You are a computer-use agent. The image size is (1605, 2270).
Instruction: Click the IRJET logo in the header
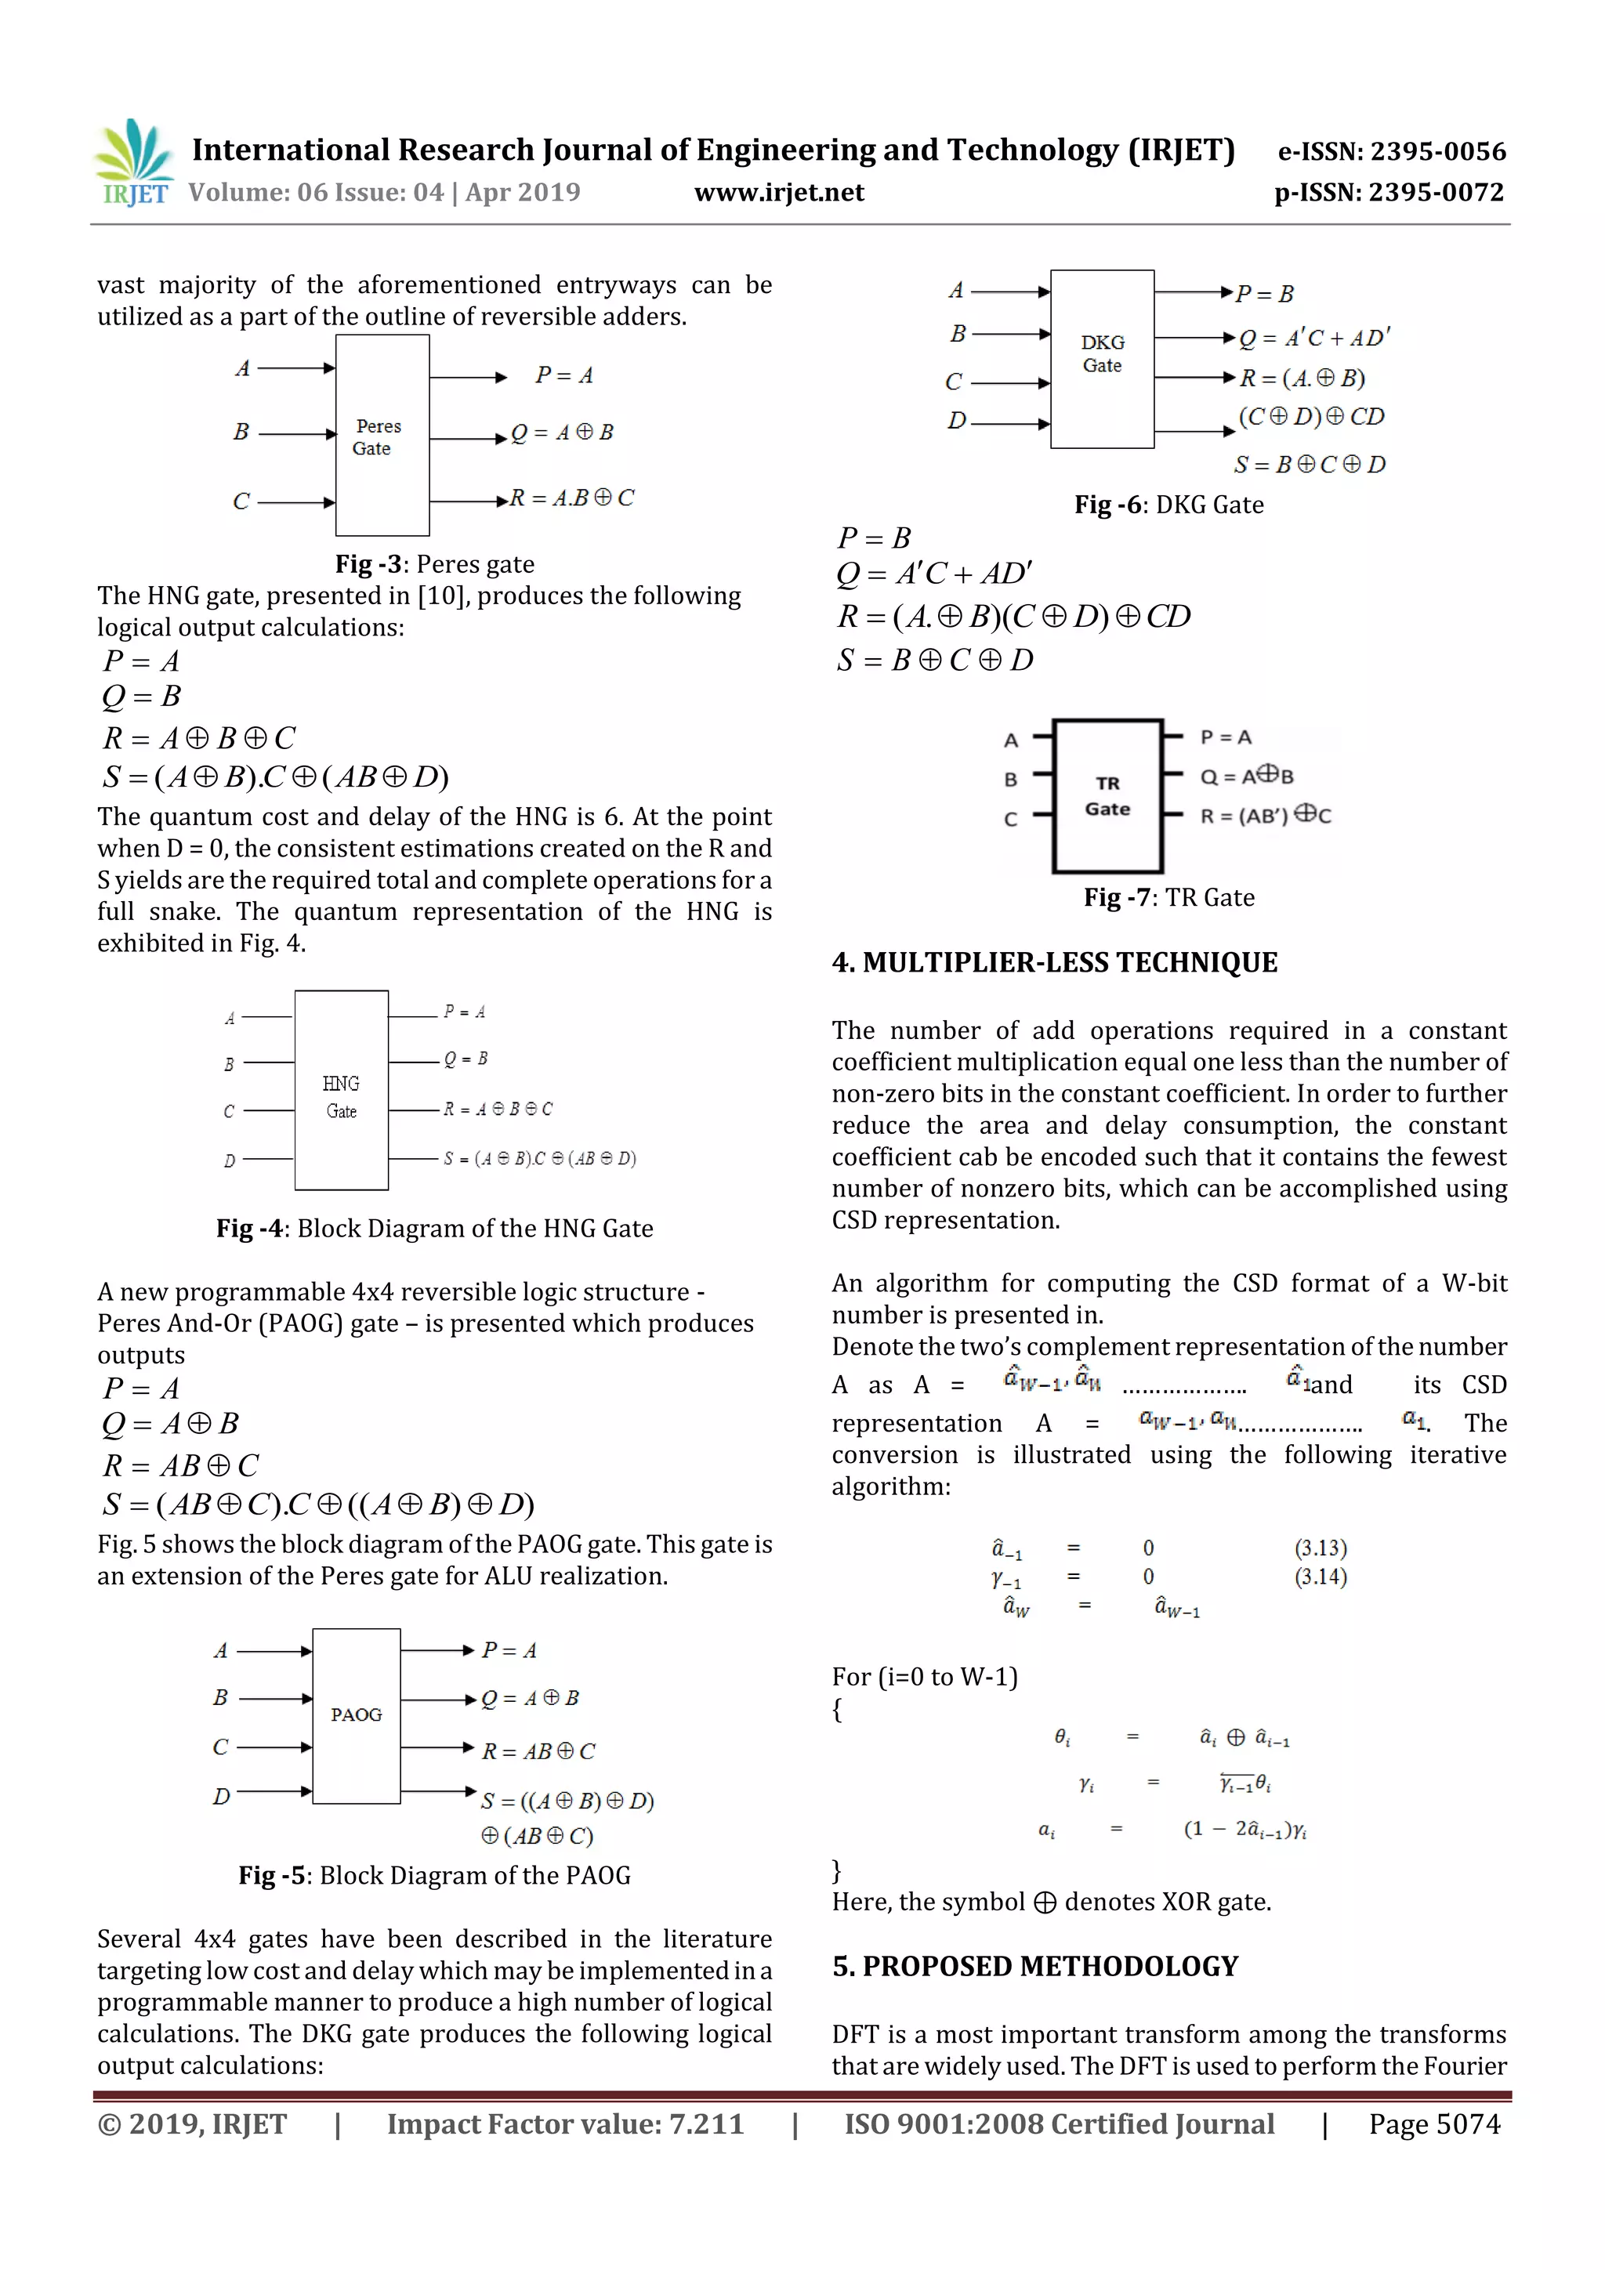coord(133,163)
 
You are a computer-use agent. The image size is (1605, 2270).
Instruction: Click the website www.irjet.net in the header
coord(778,193)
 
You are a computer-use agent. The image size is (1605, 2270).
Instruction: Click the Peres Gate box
coord(382,435)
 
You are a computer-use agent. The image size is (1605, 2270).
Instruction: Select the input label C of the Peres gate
coord(241,501)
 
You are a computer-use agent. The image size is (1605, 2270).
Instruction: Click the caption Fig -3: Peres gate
coord(434,563)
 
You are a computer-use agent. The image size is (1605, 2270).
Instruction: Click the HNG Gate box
coord(341,1089)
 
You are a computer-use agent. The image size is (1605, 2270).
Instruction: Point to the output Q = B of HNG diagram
coord(465,1059)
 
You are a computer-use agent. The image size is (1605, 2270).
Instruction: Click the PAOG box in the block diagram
coord(356,1715)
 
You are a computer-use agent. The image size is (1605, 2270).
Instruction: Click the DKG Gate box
coord(1102,358)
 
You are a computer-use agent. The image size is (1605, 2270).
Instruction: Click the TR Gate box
coord(1107,796)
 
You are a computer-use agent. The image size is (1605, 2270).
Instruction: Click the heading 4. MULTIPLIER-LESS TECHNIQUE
coord(1054,962)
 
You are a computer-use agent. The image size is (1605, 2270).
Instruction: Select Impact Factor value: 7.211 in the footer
coord(565,2123)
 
